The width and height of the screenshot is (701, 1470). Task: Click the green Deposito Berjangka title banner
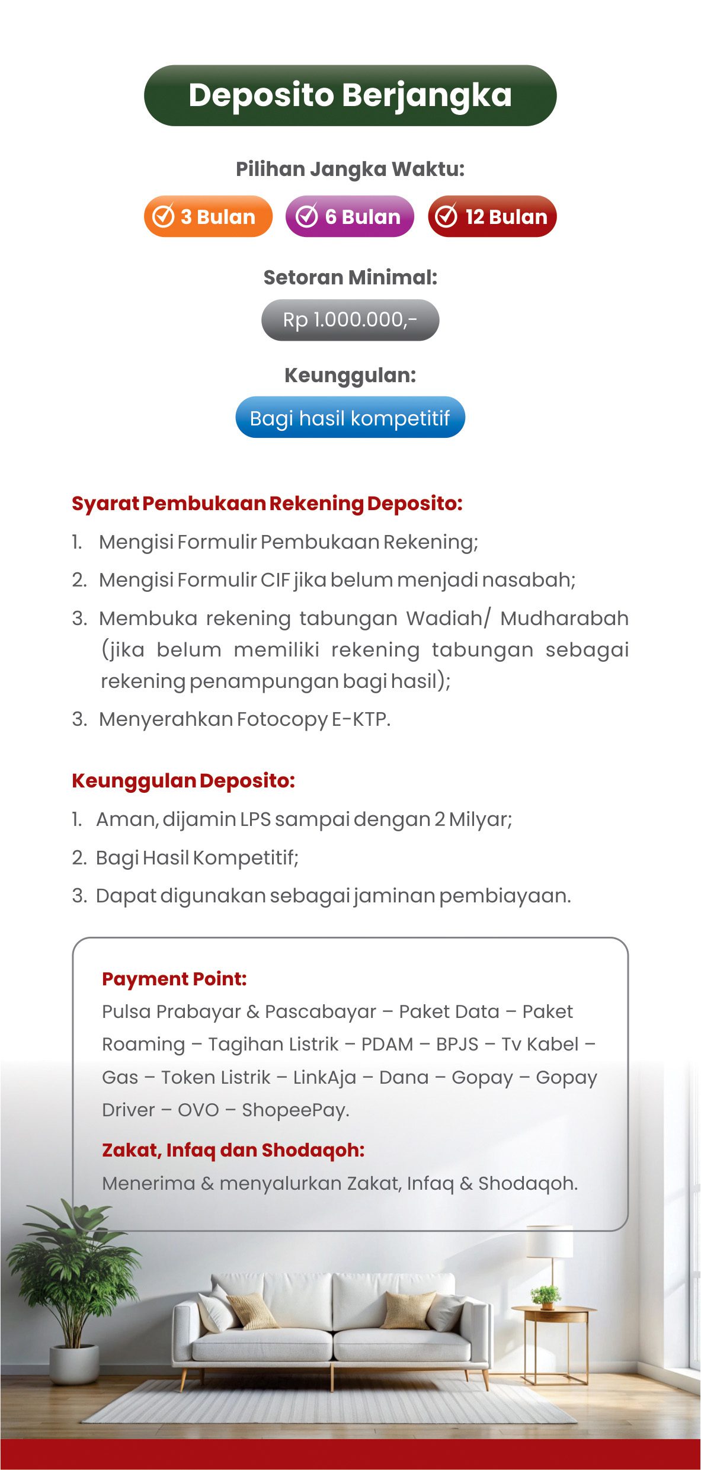coord(350,95)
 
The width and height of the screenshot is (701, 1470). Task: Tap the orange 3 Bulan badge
coord(208,216)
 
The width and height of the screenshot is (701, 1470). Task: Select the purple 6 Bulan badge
coord(350,216)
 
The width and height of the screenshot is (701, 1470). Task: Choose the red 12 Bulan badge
coord(492,216)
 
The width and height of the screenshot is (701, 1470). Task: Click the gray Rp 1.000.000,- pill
coord(350,320)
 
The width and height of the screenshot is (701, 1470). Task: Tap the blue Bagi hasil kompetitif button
coord(350,418)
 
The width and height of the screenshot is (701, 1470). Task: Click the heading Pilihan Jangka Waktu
coord(350,169)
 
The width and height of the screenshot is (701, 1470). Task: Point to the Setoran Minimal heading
coord(350,277)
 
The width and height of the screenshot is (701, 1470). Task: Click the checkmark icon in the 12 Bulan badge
coord(446,216)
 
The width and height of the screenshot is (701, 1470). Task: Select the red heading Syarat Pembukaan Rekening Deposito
coord(267,504)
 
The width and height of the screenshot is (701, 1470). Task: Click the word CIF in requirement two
coord(275,580)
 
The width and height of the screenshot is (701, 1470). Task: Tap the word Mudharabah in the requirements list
coord(564,619)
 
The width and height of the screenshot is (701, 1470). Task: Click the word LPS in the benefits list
coord(255,819)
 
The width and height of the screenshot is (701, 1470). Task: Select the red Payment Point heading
coord(174,979)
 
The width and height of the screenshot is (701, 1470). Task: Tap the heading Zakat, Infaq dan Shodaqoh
coord(233,1150)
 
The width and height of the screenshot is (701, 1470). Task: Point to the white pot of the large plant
coord(75,1363)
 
